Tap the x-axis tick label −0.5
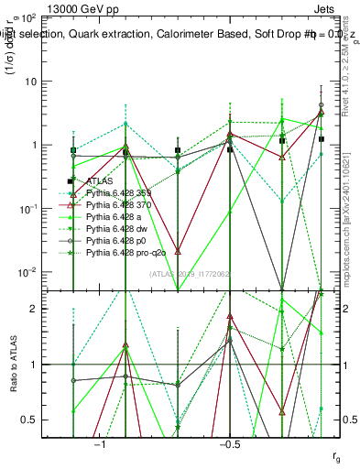point(229,443)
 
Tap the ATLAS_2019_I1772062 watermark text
point(178,275)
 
